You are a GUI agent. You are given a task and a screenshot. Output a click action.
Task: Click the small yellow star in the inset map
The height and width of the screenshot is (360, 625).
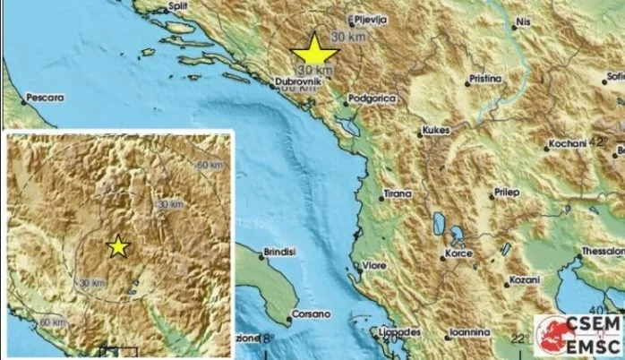(x=117, y=246)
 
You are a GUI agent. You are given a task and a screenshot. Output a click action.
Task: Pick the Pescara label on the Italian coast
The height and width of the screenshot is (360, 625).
(x=44, y=93)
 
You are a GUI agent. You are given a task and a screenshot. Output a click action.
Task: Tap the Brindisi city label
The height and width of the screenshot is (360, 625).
(x=278, y=254)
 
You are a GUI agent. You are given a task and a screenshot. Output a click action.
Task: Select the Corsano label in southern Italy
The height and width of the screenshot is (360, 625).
(x=312, y=314)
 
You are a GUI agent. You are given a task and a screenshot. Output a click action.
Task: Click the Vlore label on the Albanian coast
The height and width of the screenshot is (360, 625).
(x=373, y=267)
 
